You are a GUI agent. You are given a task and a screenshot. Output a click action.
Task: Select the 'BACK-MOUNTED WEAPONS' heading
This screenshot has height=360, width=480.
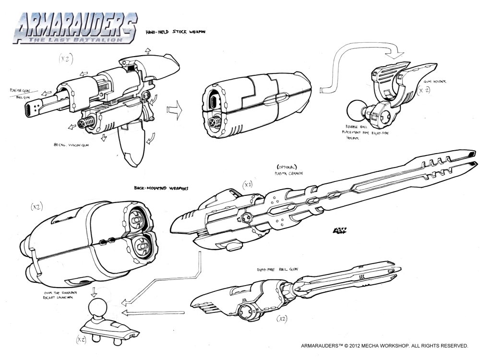click(x=161, y=189)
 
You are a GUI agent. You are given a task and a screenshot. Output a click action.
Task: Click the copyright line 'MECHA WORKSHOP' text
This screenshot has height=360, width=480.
click(x=384, y=345)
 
